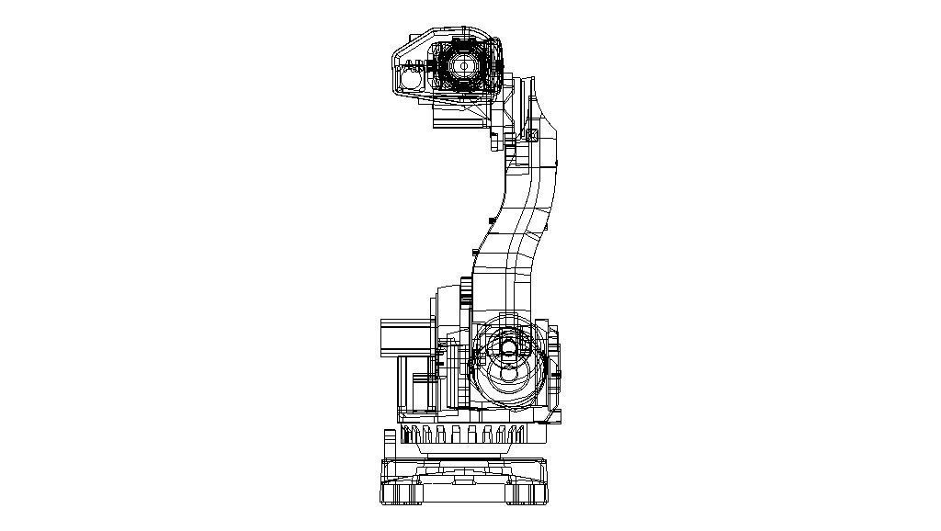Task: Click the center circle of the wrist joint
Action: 464,66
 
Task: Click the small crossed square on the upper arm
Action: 532,134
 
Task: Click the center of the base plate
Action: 464,480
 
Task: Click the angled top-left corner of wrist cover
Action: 401,46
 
